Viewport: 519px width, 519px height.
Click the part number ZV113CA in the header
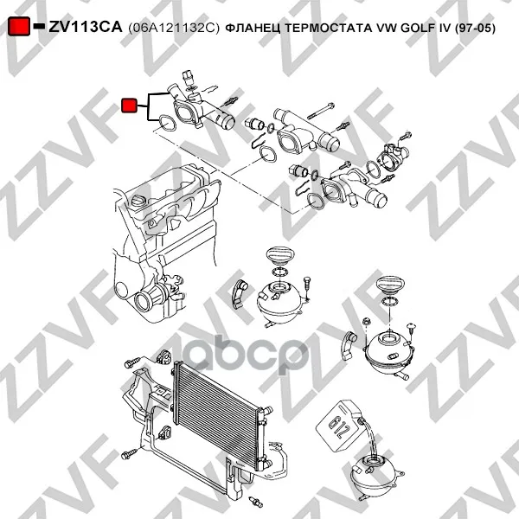tap(86, 27)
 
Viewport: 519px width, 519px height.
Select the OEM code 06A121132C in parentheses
tap(174, 29)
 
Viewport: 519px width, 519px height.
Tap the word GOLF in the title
tap(418, 29)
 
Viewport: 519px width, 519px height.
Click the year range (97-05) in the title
tap(475, 29)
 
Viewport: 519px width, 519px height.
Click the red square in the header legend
tap(19, 26)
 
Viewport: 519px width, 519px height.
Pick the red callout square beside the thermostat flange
tap(129, 106)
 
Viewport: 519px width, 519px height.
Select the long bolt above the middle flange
tap(320, 111)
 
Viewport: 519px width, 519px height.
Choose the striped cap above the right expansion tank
tap(391, 285)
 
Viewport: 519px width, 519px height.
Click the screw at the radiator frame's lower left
tap(129, 453)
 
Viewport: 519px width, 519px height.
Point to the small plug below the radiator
tap(256, 502)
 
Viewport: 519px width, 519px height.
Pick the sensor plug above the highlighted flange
tap(189, 77)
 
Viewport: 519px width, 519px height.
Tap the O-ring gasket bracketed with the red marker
tap(166, 123)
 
